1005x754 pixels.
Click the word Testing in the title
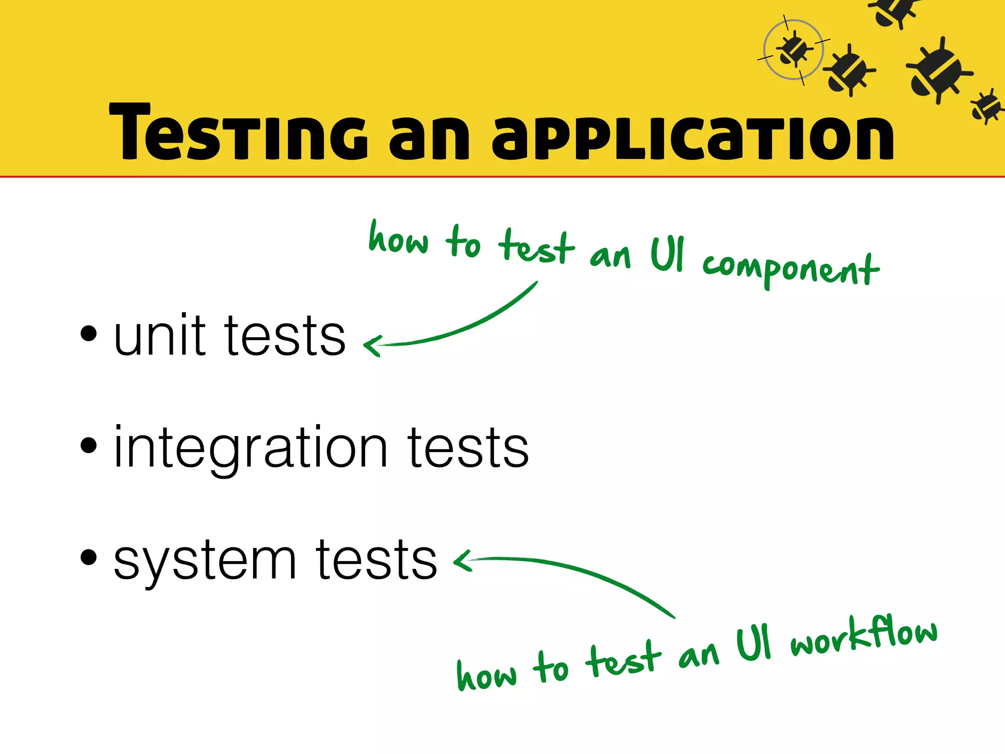(238, 133)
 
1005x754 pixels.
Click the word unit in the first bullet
(160, 336)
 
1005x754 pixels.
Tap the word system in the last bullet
(205, 561)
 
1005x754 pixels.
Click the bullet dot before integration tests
(88, 445)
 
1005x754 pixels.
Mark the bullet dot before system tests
(88, 557)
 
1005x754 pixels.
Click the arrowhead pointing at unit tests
(371, 346)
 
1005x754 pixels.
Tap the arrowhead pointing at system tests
(461, 561)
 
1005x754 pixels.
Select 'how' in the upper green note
(398, 239)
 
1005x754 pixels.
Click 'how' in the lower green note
(486, 674)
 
